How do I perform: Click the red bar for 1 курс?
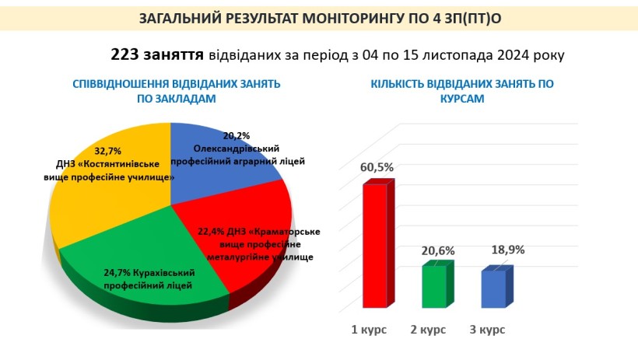[x=378, y=243]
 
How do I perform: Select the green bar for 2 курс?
[x=437, y=285]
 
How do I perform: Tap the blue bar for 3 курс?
[x=497, y=287]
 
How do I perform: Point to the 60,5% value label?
[x=377, y=167]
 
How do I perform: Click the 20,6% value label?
[x=438, y=251]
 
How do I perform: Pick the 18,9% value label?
[x=508, y=250]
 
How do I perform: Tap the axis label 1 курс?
[x=369, y=329]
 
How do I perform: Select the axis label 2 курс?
[x=428, y=329]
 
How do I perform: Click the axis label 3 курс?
[x=488, y=329]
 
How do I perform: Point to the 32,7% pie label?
[x=108, y=151]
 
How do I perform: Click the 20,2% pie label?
[x=237, y=135]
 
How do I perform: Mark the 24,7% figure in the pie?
[x=117, y=272]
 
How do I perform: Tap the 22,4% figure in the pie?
[x=211, y=232]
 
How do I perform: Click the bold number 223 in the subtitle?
[x=125, y=54]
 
